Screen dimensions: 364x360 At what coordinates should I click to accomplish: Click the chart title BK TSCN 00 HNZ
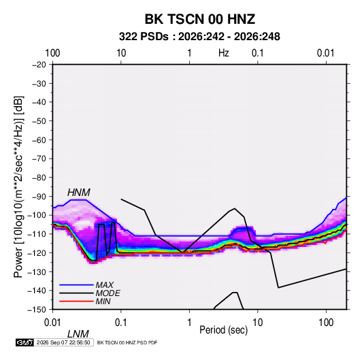(200, 19)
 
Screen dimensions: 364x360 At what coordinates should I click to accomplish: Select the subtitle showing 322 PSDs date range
(199, 37)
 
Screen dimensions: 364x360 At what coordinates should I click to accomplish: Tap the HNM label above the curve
(79, 193)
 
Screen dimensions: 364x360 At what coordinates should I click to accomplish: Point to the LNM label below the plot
(78, 334)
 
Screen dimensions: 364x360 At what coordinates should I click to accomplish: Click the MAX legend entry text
(105, 284)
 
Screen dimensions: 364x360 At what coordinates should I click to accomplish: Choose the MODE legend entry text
(107, 293)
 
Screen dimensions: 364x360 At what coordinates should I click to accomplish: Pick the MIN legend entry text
(103, 301)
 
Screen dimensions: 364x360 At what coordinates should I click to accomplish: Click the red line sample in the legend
(76, 301)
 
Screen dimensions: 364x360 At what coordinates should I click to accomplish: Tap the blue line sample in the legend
(76, 284)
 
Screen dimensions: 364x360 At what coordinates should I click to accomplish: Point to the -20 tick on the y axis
(39, 65)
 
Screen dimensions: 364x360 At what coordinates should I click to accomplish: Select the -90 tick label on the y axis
(39, 197)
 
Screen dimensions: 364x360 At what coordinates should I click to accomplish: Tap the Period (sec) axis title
(224, 330)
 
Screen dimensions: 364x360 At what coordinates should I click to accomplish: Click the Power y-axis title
(18, 186)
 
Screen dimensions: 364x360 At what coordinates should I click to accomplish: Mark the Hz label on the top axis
(224, 53)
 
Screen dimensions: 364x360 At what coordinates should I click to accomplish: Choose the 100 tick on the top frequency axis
(52, 53)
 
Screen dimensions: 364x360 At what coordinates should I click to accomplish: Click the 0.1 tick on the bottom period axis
(121, 323)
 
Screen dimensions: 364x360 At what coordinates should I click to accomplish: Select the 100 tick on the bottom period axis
(326, 323)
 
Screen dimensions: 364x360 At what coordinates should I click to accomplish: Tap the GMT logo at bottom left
(24, 342)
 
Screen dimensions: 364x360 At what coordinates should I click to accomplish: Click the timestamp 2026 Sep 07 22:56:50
(63, 342)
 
